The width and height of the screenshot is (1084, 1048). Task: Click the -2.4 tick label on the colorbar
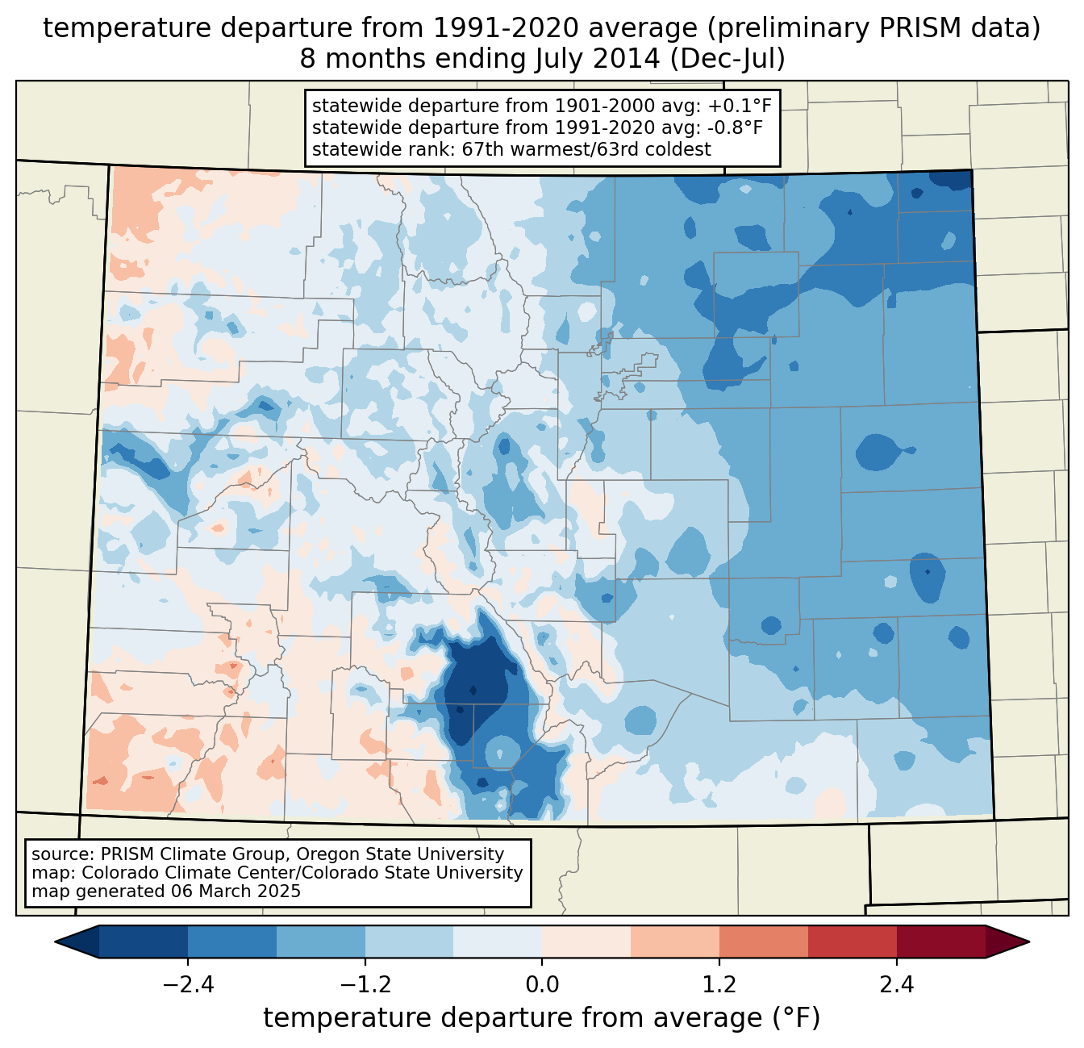point(187,985)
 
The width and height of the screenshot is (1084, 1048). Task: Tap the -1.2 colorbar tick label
point(365,985)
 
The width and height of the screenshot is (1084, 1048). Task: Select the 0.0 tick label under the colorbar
point(542,985)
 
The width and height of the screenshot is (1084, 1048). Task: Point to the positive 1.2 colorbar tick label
point(719,985)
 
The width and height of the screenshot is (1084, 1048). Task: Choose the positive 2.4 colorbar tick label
point(897,985)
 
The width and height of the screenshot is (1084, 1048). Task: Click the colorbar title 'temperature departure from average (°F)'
point(541,1018)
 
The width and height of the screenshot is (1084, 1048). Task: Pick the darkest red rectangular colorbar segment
point(940,942)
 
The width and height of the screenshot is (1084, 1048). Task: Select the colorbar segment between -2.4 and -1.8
point(232,942)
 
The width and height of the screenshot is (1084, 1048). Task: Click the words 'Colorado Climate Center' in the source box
point(181,873)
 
